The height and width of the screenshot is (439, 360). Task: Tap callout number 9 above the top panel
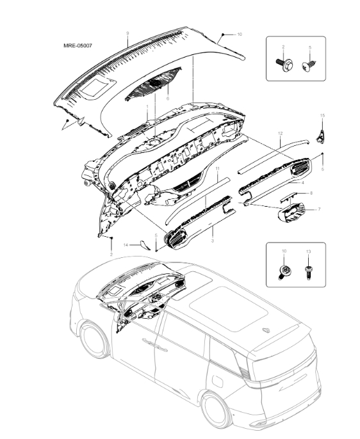(127, 33)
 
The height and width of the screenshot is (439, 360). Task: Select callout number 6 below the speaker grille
(167, 99)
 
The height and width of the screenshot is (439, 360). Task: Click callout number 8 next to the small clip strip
(311, 193)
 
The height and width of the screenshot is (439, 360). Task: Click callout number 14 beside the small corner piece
(126, 244)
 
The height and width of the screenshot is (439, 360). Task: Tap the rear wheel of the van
(215, 410)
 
